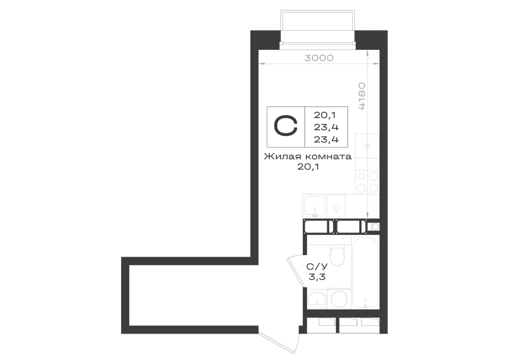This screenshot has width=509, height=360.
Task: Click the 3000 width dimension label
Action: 319,58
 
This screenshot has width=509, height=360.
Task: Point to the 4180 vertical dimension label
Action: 362,96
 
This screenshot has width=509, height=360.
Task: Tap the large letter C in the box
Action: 286,126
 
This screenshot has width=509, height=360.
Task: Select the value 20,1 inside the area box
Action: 325,115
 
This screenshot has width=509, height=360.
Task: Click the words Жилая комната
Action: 308,156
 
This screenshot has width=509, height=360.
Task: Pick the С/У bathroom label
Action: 317,267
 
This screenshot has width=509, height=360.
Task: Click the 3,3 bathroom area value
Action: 317,277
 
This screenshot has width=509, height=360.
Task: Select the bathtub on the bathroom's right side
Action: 365,273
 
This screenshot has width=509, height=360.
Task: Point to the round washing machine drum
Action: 339,299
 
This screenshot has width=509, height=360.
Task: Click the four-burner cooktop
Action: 367,182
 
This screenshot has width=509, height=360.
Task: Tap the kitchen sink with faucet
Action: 315,206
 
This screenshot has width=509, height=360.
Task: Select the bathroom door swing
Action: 296,270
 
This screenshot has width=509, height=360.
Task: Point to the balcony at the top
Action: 318,30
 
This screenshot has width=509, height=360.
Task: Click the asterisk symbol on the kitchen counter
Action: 367,146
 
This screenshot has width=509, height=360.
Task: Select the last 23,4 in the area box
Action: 326,140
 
